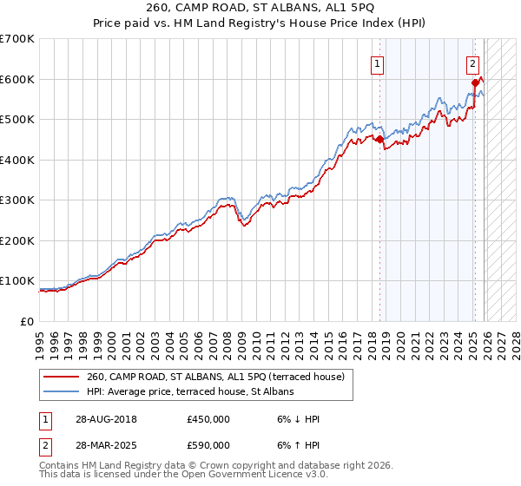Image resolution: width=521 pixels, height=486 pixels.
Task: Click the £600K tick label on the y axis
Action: click(x=17, y=79)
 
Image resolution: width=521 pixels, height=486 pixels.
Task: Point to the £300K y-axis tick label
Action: click(x=17, y=200)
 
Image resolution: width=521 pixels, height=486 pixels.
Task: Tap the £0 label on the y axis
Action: click(x=26, y=321)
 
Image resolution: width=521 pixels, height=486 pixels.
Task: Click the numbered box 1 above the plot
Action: click(x=379, y=62)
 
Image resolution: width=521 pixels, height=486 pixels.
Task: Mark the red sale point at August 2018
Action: click(x=379, y=139)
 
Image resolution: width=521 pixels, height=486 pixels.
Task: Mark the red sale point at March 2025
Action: click(x=475, y=82)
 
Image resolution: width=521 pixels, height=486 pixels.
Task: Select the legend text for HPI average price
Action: click(x=190, y=391)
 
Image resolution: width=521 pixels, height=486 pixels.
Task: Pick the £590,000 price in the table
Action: click(x=208, y=445)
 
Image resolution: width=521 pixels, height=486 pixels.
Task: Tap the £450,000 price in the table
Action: click(x=208, y=419)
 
